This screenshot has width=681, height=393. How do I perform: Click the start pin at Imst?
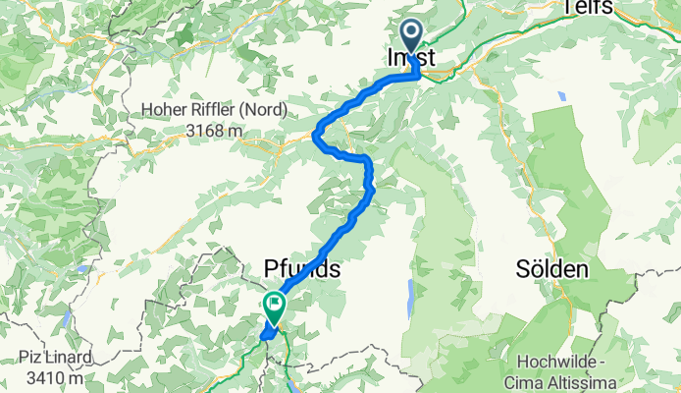coord(410,35)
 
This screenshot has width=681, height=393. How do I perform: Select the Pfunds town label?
coord(301,268)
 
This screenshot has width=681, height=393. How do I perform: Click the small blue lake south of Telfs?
coord(560,97)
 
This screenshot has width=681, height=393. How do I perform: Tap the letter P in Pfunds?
coord(271,268)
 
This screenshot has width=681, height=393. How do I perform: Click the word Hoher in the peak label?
coord(164,111)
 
